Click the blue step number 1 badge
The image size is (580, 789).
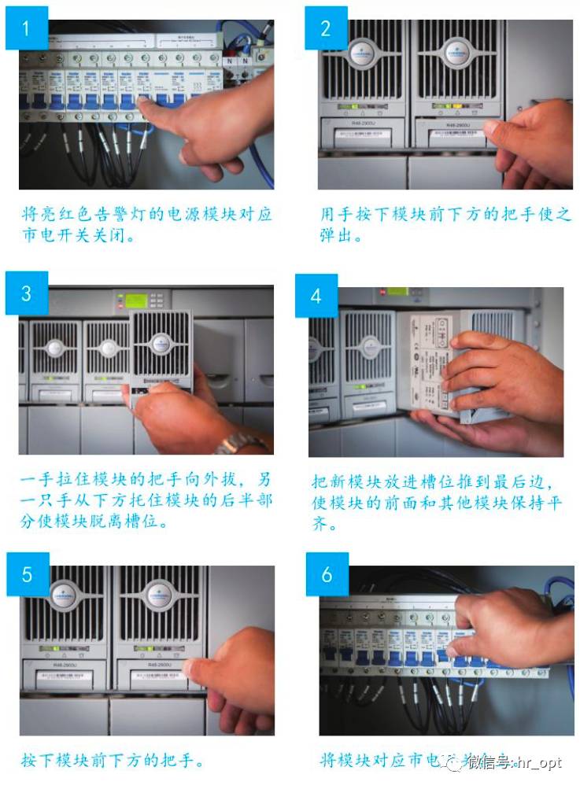point(26,28)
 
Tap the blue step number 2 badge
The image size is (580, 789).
point(326,28)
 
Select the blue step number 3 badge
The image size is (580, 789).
point(26,293)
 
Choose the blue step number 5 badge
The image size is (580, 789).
point(27,574)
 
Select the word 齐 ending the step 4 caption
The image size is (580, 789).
point(320,525)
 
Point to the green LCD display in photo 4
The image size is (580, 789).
point(397,291)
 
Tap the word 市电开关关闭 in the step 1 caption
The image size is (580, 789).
point(69,235)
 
